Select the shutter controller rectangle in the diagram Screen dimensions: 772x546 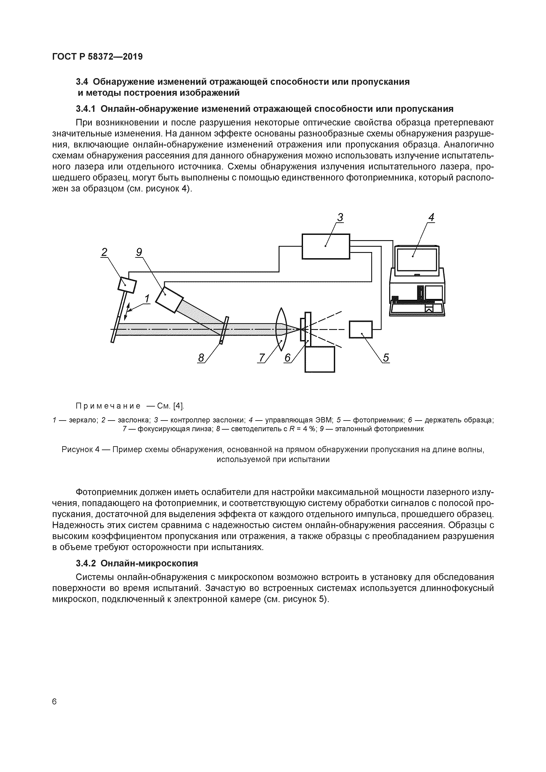325,247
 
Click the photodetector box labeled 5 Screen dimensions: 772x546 361,330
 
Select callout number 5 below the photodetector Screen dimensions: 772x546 386,358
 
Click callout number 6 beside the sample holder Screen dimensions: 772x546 287,358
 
